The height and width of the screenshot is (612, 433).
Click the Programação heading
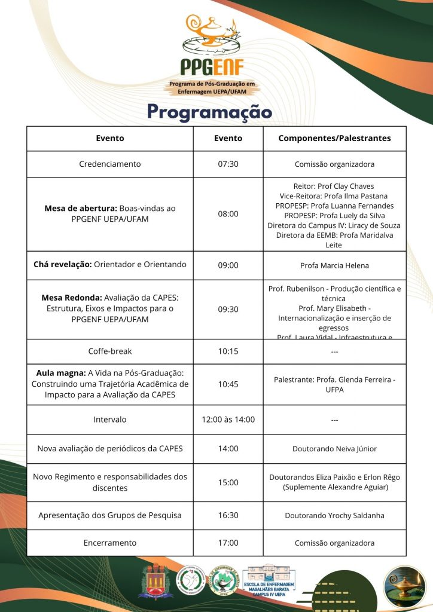209,112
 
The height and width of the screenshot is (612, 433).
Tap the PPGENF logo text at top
213,66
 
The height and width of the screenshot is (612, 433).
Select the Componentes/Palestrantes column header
334,138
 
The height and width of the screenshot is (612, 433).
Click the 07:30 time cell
228,164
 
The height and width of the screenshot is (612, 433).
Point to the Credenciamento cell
110,164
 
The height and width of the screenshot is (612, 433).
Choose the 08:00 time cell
228,213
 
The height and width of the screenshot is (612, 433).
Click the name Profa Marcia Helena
334,265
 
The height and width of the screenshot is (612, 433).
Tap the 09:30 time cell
228,309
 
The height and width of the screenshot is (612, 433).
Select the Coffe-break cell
110,351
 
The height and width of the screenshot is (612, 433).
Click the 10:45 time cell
228,384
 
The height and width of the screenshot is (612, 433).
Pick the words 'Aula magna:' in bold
61,373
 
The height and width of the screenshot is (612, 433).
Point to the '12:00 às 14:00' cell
228,420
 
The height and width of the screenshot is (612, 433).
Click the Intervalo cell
110,420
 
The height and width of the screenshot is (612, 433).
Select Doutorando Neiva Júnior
334,449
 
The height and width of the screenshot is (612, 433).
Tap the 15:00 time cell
228,482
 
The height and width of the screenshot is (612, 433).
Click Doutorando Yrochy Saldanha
334,515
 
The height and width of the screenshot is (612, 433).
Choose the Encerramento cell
110,543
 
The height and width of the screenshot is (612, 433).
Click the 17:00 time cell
228,543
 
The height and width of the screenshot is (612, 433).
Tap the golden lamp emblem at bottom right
404,583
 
